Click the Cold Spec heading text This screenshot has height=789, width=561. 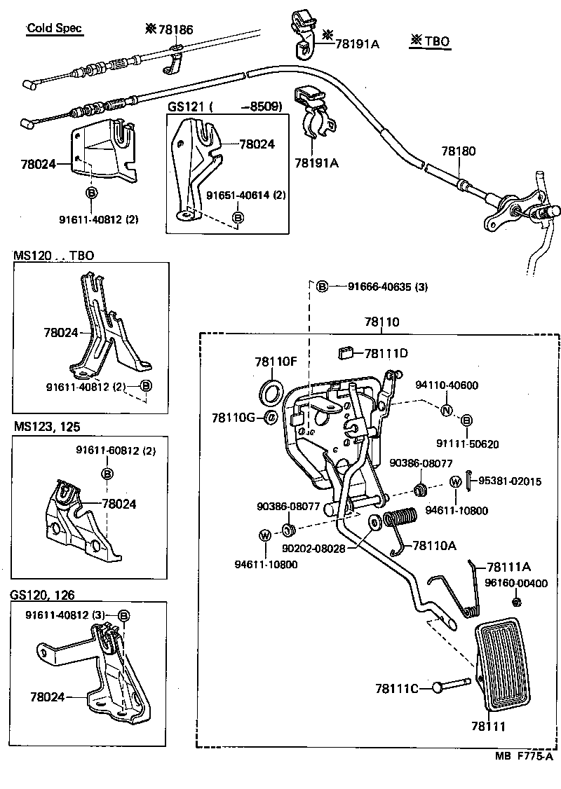(x=54, y=29)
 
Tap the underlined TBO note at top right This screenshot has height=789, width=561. (x=430, y=42)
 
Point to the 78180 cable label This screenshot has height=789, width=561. (x=459, y=151)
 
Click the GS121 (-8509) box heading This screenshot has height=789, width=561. (x=224, y=107)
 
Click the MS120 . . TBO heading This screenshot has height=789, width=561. (x=53, y=256)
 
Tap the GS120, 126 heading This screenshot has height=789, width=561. (x=42, y=595)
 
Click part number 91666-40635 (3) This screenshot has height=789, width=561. (x=387, y=287)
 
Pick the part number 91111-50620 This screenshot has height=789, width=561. (x=467, y=444)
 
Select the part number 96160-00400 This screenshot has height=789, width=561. (x=517, y=582)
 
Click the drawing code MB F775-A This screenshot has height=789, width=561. (x=524, y=756)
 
